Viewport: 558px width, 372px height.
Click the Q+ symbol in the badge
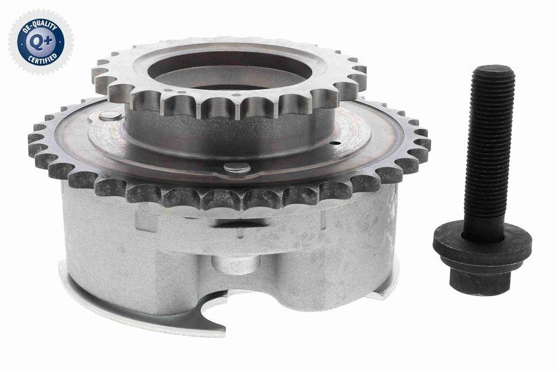point(40,41)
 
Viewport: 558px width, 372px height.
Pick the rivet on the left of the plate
point(110,116)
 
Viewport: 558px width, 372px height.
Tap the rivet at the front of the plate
point(236,167)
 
